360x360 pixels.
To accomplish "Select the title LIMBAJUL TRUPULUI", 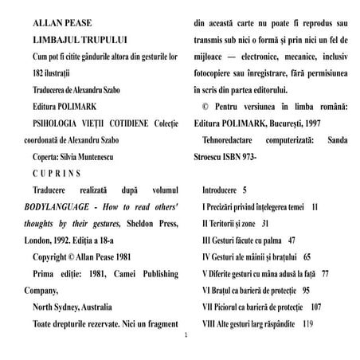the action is pos(71,38).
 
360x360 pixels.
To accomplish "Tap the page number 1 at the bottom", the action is pos(185,335).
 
